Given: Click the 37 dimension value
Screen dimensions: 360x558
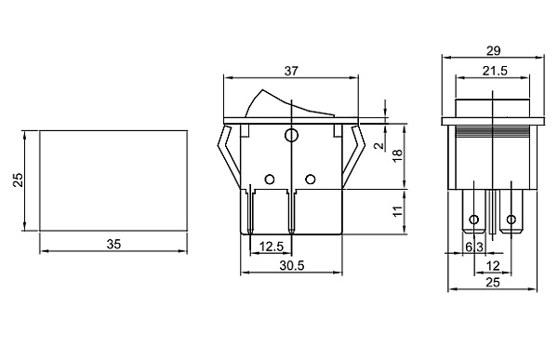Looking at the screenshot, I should pyautogui.click(x=291, y=71).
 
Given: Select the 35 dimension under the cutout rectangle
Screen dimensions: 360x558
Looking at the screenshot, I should pyautogui.click(x=114, y=244).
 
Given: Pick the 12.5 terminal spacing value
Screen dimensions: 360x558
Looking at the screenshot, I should pyautogui.click(x=272, y=246).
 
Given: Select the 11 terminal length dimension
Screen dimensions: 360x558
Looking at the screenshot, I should pyautogui.click(x=396, y=212).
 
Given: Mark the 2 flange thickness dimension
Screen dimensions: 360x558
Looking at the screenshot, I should pyautogui.click(x=379, y=145).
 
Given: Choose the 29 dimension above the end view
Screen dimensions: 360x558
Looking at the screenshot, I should pyautogui.click(x=493, y=50).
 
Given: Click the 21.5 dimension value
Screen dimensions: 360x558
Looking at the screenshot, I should pyautogui.click(x=493, y=71).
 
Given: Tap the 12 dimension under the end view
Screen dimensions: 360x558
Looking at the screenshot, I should pyautogui.click(x=493, y=265).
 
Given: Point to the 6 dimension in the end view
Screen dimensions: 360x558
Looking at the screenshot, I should pyautogui.click(x=468, y=247).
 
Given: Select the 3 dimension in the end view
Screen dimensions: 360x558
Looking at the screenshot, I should pyautogui.click(x=479, y=247).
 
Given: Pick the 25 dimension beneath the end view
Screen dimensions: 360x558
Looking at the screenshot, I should pyautogui.click(x=493, y=283).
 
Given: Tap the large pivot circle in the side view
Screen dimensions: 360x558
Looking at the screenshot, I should pyautogui.click(x=291, y=136).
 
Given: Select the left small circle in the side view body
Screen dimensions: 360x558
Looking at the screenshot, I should pyautogui.click(x=270, y=179).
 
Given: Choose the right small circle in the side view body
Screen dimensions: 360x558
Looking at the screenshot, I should pyautogui.click(x=311, y=179).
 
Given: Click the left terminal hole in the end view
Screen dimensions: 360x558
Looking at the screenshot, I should pyautogui.click(x=475, y=220).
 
